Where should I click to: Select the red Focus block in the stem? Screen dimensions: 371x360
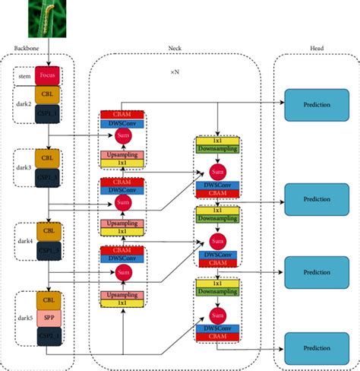49,77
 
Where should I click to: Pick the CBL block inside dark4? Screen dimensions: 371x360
49,230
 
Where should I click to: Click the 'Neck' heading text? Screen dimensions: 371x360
174,49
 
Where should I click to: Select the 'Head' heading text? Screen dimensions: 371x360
315,49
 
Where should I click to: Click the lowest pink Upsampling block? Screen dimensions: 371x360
122,294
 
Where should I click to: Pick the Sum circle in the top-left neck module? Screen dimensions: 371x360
122,136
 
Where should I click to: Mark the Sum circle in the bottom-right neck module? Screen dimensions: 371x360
217,313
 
